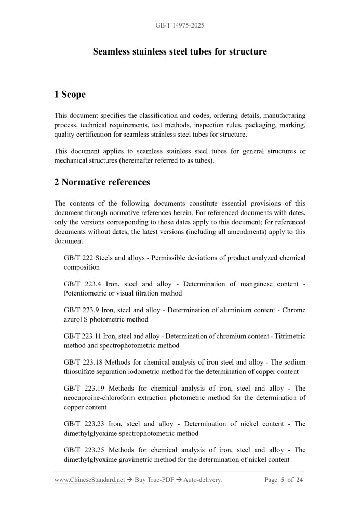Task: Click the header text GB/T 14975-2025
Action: (180, 25)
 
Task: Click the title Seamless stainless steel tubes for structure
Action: (180, 52)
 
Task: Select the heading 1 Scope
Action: (70, 95)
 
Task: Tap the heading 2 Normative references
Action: (102, 182)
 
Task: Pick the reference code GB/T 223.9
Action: (79, 310)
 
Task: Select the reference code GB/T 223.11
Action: (82, 336)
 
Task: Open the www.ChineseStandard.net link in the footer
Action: (89, 480)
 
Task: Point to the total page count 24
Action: (300, 480)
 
